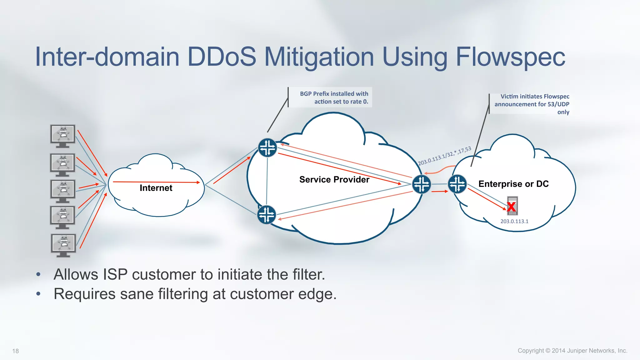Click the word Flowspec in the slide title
pos(510,57)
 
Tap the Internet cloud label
pos(156,188)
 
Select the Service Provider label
pos(334,179)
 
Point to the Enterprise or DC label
pos(513,184)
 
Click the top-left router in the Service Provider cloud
pos(267,147)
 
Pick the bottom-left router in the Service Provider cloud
pos(267,215)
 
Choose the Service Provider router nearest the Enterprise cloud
pos(422,184)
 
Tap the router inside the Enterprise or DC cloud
pos(457,184)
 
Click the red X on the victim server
pos(512,207)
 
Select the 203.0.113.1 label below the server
pos(514,221)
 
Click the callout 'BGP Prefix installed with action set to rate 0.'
pos(334,97)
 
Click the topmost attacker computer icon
pos(63,136)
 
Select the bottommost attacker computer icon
pos(63,245)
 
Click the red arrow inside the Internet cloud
pos(156,182)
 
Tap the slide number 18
pos(16,351)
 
